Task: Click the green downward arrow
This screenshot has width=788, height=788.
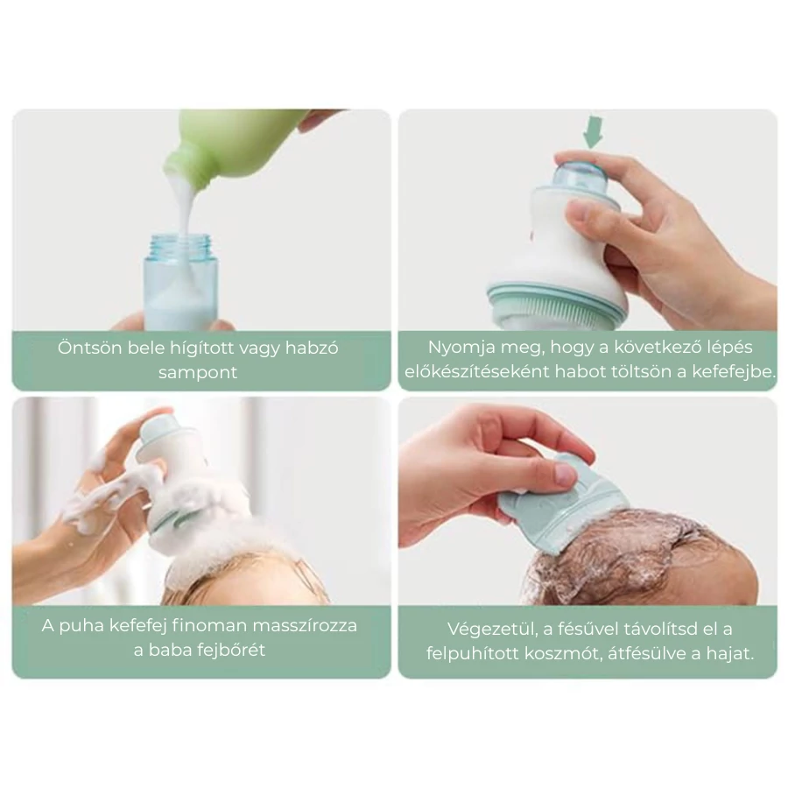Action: (593, 132)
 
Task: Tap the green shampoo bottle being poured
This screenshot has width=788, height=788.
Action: (236, 145)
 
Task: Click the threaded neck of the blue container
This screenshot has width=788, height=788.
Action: (181, 245)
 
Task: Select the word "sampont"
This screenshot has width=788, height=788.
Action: (198, 372)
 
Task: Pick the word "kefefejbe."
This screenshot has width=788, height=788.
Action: (734, 372)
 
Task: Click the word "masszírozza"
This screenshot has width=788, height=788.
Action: (305, 626)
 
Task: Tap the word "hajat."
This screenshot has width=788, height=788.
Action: (730, 653)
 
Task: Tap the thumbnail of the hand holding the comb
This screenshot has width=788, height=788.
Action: (565, 473)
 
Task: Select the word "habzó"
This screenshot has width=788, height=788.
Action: (312, 348)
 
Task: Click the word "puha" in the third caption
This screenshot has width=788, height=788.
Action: (81, 627)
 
